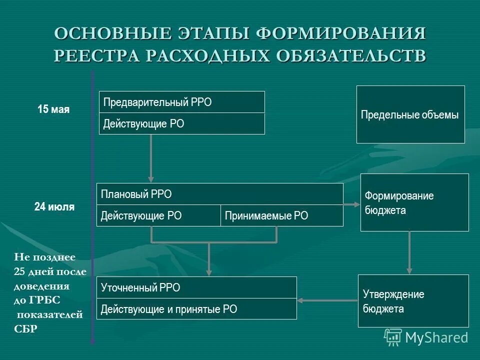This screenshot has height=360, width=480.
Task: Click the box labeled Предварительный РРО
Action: [181, 102]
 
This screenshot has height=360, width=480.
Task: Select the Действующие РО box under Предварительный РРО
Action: [181, 123]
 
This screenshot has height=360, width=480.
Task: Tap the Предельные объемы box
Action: [410, 114]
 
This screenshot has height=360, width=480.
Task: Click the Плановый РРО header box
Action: [219, 194]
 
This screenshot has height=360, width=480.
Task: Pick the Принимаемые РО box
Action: [281, 215]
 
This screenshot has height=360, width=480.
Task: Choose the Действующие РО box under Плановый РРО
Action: [158, 215]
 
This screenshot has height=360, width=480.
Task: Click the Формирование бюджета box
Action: [414, 202]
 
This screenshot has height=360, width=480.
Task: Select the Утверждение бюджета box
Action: [413, 301]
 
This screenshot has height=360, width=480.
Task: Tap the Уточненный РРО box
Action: [196, 287]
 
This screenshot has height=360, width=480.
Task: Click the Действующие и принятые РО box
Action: [196, 309]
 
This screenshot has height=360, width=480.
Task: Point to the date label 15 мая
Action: [53, 109]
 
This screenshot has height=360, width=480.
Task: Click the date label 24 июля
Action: [54, 207]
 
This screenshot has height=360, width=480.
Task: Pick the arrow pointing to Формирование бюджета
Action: [352, 204]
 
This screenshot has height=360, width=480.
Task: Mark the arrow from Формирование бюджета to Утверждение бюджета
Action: [409, 252]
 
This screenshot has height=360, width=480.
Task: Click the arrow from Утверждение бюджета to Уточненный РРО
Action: [327, 300]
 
